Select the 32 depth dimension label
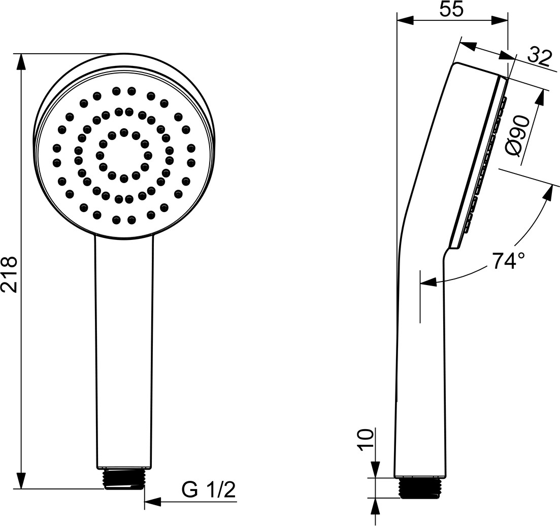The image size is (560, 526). pyautogui.click(x=539, y=56)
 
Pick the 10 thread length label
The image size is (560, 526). pyautogui.click(x=365, y=440)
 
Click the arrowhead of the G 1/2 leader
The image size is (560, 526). pyautogui.click(x=152, y=502)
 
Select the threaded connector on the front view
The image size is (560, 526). pyautogui.click(x=124, y=478)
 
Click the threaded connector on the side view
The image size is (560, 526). pyautogui.click(x=420, y=487)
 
